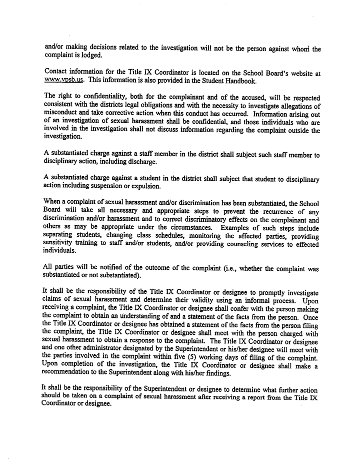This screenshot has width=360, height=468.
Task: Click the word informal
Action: pos(260,300)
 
